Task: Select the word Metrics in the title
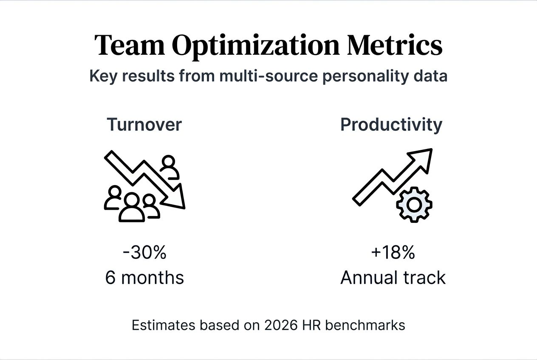coord(395,45)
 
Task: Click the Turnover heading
coord(144,125)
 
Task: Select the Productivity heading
coord(391,125)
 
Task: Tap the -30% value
coord(144,253)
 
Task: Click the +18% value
coord(393,253)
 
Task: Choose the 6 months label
coord(144,278)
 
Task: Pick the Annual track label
coord(393,278)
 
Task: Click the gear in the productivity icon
coord(414,205)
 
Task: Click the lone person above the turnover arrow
coord(169,166)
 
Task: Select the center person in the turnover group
coord(132,208)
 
